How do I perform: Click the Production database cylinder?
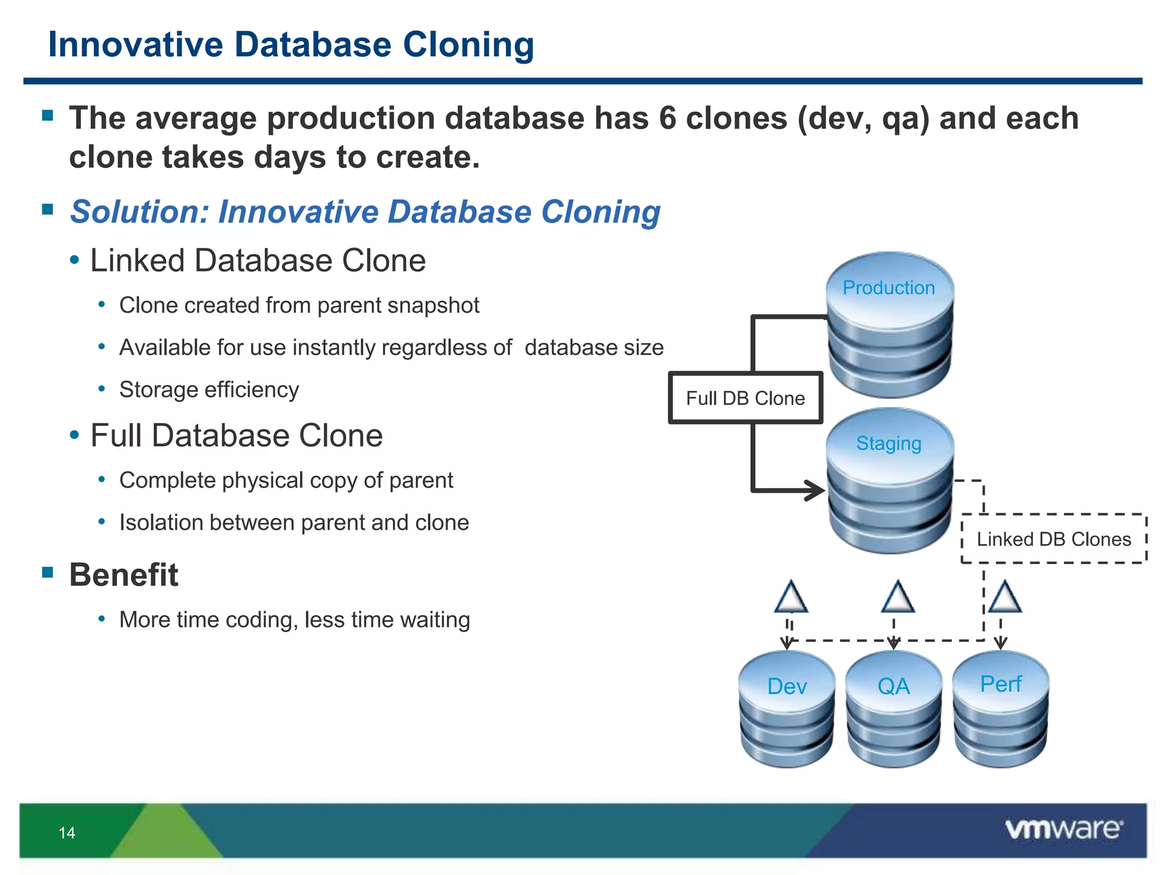(x=889, y=325)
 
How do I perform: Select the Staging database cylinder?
(x=889, y=481)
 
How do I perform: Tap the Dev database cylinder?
(x=787, y=709)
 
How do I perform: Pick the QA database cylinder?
(x=893, y=709)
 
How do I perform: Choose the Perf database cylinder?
(x=1000, y=709)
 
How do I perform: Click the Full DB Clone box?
(x=745, y=398)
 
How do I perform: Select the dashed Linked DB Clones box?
(x=1054, y=539)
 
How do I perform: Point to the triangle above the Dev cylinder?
(x=791, y=598)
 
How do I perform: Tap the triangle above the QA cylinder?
(x=898, y=598)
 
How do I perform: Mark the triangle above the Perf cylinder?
(x=1005, y=598)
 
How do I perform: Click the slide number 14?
(x=67, y=833)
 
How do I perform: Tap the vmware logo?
(x=1064, y=829)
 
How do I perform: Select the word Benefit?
(x=124, y=574)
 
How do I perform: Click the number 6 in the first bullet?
(x=667, y=118)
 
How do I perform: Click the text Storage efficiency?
(x=209, y=390)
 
